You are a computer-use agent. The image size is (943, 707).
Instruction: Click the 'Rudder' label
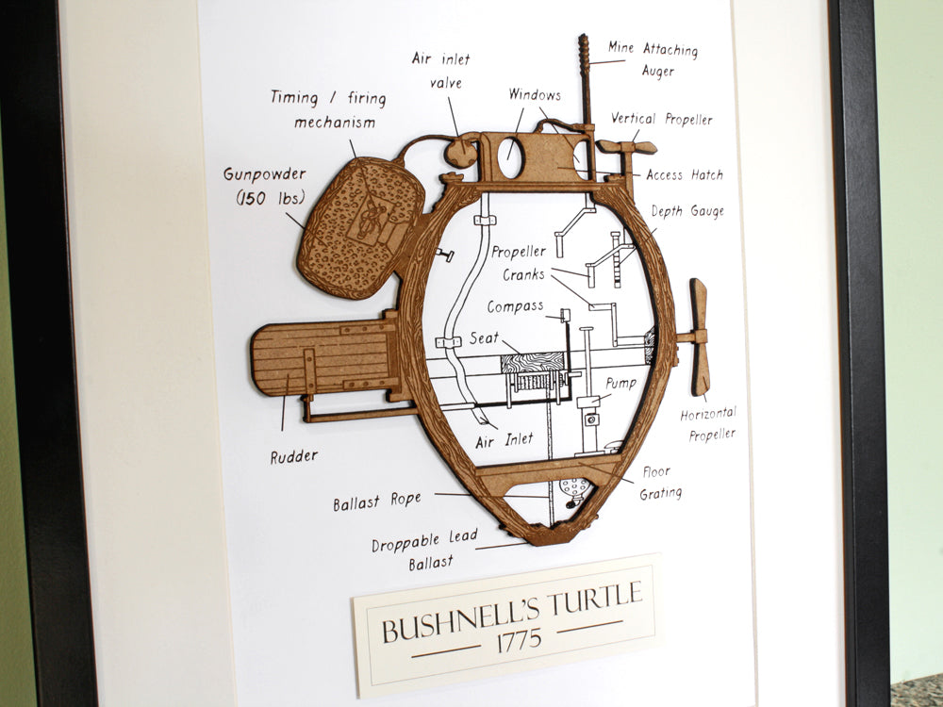click(x=293, y=456)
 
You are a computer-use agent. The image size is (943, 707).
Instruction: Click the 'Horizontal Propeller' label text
click(x=708, y=423)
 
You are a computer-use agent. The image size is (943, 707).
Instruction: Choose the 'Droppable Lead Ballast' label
click(x=424, y=551)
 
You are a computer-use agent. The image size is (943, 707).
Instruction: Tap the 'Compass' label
click(x=515, y=307)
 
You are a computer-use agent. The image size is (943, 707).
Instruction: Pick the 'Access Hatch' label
click(x=685, y=174)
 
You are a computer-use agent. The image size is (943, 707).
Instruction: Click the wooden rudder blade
click(x=321, y=358)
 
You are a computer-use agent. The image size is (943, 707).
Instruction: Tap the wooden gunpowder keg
click(x=358, y=226)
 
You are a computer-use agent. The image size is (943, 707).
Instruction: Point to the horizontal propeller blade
click(x=699, y=335)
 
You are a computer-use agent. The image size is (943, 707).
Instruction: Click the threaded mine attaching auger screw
click(x=584, y=75)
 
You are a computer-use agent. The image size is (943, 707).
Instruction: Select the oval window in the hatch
click(x=510, y=156)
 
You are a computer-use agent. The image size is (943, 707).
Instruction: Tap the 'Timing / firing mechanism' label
click(x=327, y=109)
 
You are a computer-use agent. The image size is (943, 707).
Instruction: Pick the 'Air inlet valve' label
click(x=440, y=70)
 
